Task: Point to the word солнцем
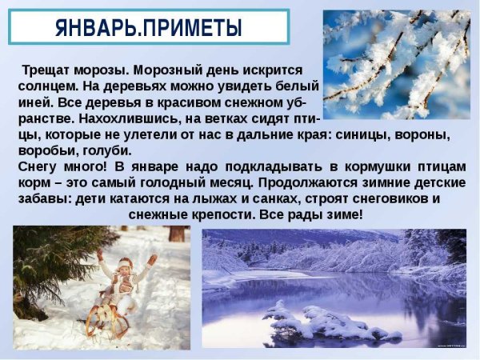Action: [x=47, y=86]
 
